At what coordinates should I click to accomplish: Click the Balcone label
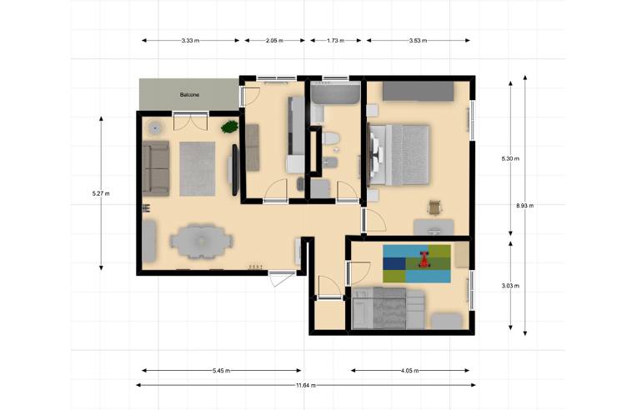pos(189,95)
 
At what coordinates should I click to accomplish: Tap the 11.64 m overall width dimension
pos(306,385)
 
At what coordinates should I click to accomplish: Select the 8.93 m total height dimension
pos(525,205)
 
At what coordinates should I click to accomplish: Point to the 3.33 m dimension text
pos(190,41)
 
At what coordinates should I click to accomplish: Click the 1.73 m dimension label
pos(335,41)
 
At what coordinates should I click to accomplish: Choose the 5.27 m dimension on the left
pos(101,193)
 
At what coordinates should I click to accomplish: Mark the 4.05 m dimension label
pos(409,371)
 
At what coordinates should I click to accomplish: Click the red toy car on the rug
pos(424,259)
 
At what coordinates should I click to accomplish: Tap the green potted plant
pos(229,127)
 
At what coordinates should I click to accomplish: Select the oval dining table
pos(202,241)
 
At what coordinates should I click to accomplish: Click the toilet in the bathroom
pos(331,138)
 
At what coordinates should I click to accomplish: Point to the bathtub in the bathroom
pos(335,92)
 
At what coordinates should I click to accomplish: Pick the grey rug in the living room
pos(198,168)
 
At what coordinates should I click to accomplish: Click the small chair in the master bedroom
pos(434,207)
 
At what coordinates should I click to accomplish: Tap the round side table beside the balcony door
pos(155,128)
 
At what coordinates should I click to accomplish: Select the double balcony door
pos(190,121)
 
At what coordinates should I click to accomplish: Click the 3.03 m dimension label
pos(510,286)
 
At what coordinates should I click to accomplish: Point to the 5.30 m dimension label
pos(510,158)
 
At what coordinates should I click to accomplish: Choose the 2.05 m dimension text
pos(274,41)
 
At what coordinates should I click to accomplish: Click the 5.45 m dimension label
pos(222,371)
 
